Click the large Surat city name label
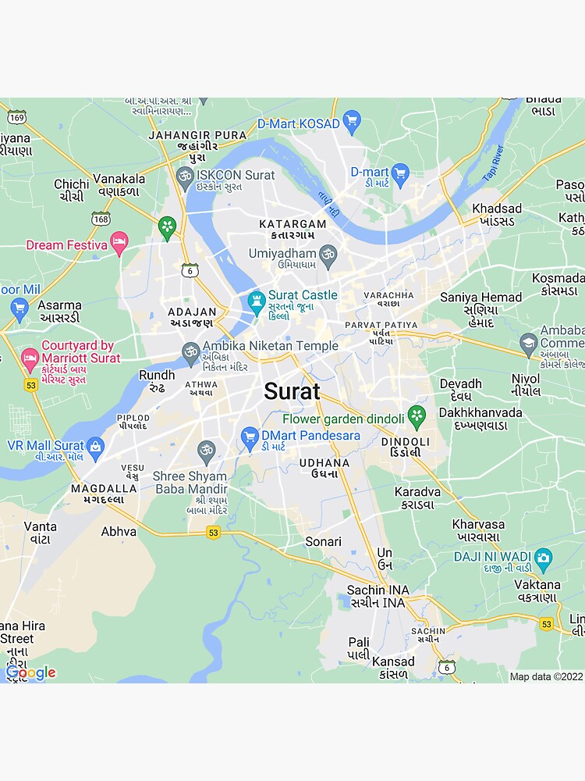(x=292, y=391)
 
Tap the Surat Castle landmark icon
(x=256, y=301)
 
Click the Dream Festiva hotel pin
(x=119, y=243)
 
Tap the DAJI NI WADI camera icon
(x=543, y=558)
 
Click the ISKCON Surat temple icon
(x=185, y=176)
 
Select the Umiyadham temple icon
(x=328, y=254)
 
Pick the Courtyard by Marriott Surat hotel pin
(x=30, y=359)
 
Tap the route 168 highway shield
(x=101, y=219)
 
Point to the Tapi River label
(x=494, y=165)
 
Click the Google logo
(x=30, y=672)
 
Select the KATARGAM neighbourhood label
(x=292, y=224)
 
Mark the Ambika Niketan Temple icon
(x=190, y=351)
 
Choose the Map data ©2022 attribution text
(x=546, y=676)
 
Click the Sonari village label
(x=323, y=541)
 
